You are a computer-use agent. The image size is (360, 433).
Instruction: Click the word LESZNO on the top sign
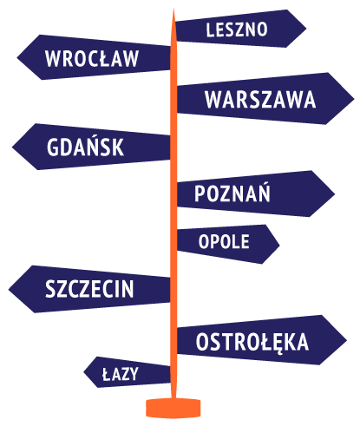click(237, 30)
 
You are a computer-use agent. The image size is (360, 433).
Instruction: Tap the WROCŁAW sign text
click(92, 58)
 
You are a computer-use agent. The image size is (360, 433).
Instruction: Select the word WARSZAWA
click(260, 100)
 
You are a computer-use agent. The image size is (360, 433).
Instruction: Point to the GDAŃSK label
click(85, 146)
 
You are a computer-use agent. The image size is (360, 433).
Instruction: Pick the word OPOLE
click(224, 241)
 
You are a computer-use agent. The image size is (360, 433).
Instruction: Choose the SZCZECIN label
click(89, 289)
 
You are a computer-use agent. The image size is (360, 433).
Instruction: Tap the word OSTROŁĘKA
click(252, 343)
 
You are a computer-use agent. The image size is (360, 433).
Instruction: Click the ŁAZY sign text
click(121, 374)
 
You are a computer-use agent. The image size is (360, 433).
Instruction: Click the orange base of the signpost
click(173, 408)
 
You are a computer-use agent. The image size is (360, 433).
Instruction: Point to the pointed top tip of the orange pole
click(173, 10)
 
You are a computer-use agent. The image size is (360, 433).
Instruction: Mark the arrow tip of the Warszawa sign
click(354, 99)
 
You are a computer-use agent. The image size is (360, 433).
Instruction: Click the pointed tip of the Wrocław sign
click(17, 57)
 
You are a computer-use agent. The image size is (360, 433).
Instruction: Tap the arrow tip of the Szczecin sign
click(9, 289)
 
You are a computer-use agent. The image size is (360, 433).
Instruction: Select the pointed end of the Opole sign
click(279, 245)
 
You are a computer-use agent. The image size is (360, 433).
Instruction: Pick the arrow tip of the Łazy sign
click(84, 372)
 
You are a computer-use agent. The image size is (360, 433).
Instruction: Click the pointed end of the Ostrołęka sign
click(346, 340)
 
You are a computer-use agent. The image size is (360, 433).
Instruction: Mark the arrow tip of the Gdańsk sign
click(12, 147)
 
